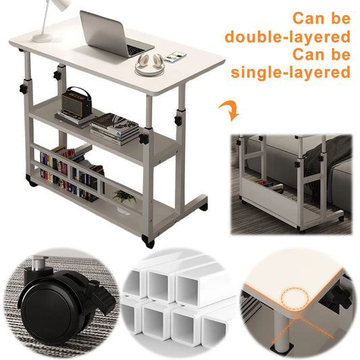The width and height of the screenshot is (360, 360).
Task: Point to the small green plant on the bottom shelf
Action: (x=124, y=196)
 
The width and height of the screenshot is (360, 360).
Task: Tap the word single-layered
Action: (x=291, y=72)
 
